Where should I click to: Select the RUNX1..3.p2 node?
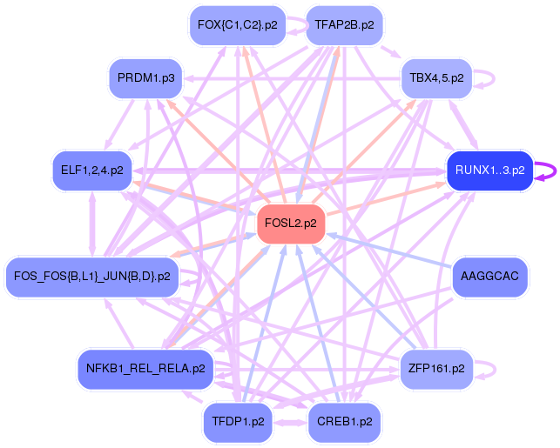pyautogui.click(x=489, y=171)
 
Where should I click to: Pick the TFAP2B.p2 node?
pyautogui.click(x=345, y=25)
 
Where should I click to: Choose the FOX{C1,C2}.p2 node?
pyautogui.click(x=237, y=25)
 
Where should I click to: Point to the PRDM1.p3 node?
pyautogui.click(x=145, y=79)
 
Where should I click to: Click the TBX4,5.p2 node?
pyautogui.click(x=435, y=79)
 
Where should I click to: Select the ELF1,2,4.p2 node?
pyautogui.click(x=91, y=170)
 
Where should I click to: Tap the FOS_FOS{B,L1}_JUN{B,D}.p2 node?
pyautogui.click(x=92, y=277)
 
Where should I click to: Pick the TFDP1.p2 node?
pyautogui.click(x=238, y=422)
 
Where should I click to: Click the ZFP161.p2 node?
pyautogui.click(x=435, y=368)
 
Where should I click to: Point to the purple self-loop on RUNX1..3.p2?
pyautogui.click(x=546, y=171)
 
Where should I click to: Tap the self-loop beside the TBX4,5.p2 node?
pyautogui.click(x=485, y=78)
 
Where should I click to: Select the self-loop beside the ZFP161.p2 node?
pyautogui.click(x=485, y=368)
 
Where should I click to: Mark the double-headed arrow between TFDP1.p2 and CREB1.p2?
pyautogui.click(x=291, y=423)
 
